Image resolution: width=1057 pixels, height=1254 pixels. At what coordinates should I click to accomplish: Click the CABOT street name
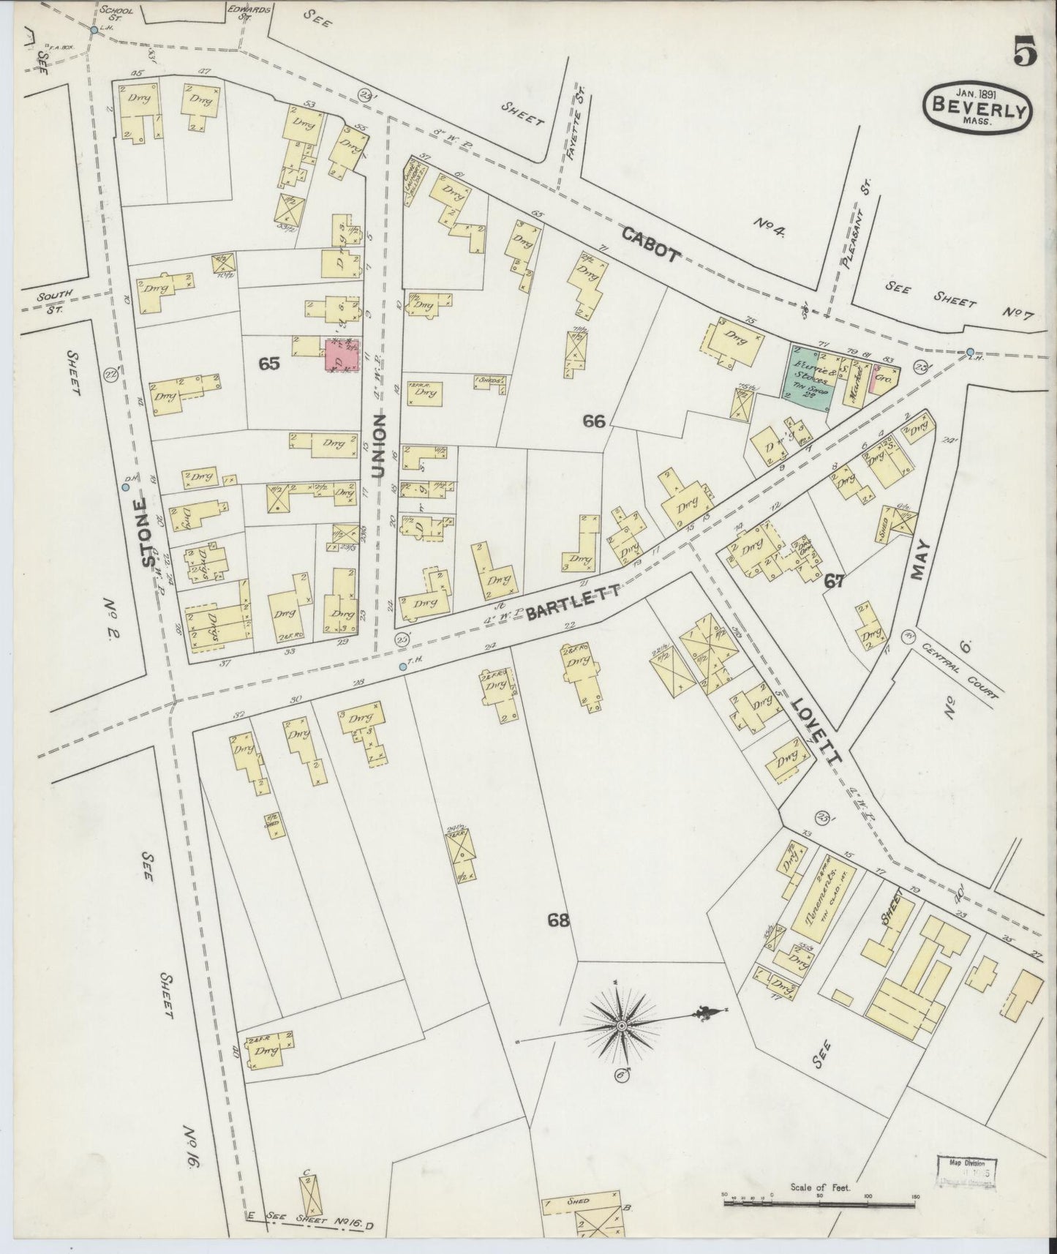652,244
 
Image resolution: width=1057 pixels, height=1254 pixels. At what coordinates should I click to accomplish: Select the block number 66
594,421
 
